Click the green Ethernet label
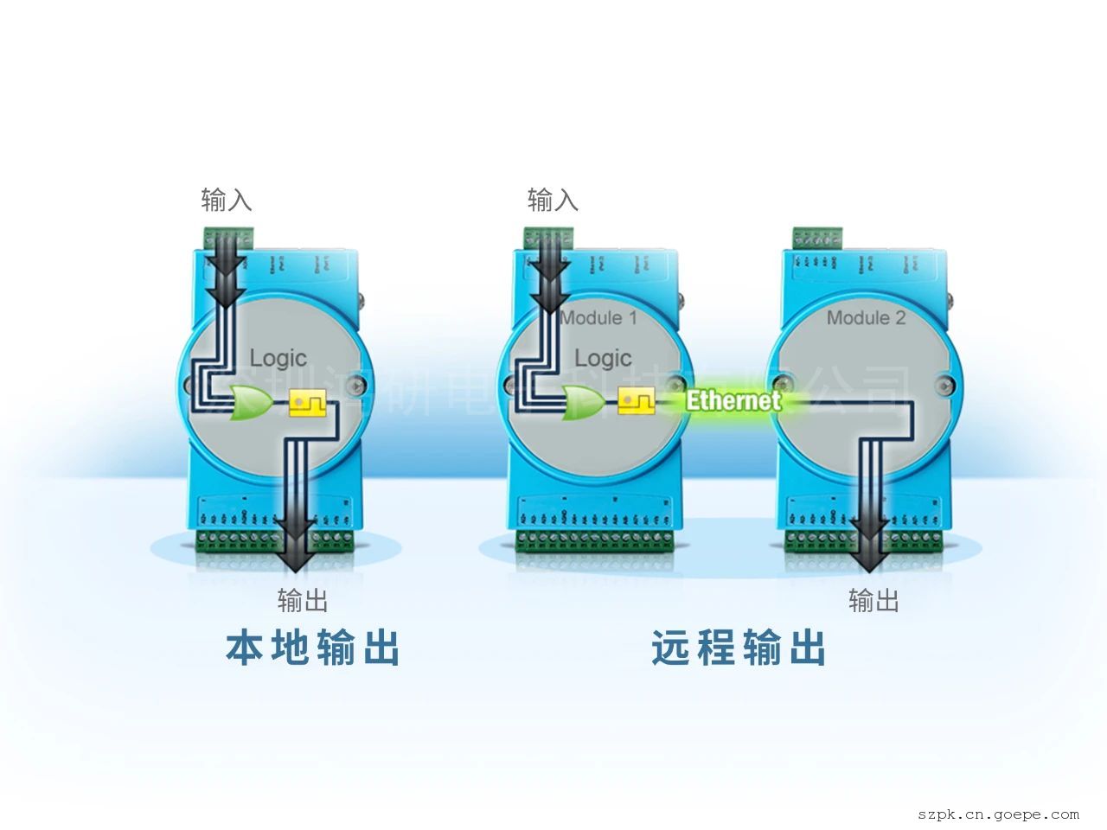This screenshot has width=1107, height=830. coord(733,400)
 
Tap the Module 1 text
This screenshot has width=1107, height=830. coord(598,318)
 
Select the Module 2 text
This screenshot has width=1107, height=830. coord(866,318)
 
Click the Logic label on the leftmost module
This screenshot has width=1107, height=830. coord(278,358)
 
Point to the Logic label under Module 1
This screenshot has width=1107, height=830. coord(603,358)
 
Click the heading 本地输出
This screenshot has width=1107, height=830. coord(312,648)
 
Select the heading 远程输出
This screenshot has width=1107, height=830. coord(739,648)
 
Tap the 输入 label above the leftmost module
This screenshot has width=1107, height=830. coord(227,201)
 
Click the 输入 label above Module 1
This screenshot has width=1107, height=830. coord(553,201)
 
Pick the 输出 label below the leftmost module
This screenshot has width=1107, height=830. coord(303,599)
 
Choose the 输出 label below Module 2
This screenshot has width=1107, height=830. coord(873,599)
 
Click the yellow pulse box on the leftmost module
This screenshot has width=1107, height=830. coord(307,403)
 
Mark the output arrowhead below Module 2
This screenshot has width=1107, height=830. coord(869,559)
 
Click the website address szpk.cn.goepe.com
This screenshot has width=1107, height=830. coord(998,814)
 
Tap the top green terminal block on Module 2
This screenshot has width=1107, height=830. coord(818,236)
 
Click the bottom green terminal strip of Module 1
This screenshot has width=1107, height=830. coord(596,541)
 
